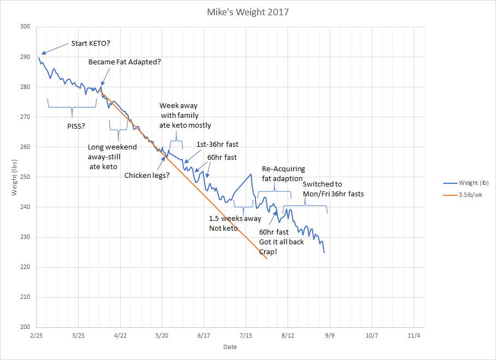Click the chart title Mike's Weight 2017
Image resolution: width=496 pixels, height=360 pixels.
[x=248, y=11]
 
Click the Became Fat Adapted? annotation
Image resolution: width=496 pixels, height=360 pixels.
[x=124, y=62]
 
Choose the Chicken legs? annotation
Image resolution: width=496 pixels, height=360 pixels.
[x=147, y=175]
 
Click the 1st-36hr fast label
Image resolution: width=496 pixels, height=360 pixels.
[x=217, y=145]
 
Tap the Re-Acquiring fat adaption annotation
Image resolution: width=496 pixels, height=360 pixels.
[x=283, y=173]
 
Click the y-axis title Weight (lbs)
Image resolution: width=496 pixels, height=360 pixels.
[x=15, y=176]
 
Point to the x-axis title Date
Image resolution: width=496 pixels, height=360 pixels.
[x=230, y=347]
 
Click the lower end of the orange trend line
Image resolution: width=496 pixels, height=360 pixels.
[x=267, y=258]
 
